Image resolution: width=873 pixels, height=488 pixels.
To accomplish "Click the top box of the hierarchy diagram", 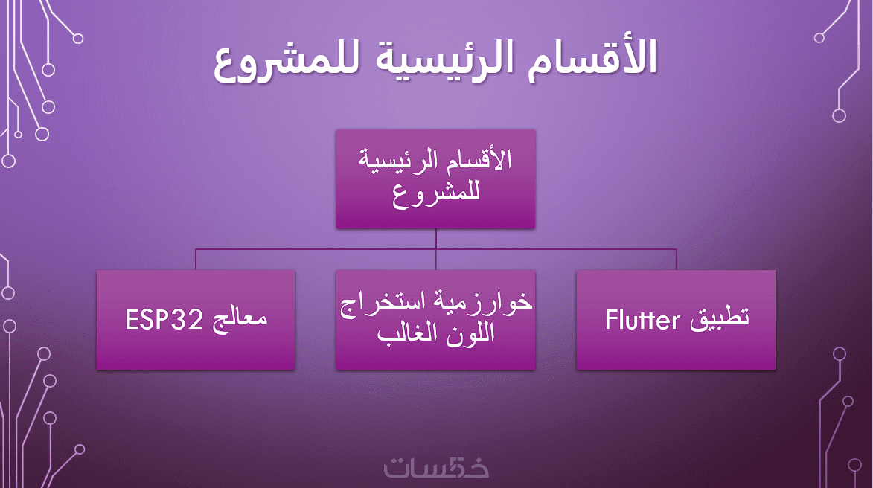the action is click(x=435, y=179).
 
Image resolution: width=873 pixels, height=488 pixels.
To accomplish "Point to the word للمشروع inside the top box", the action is click(x=436, y=195).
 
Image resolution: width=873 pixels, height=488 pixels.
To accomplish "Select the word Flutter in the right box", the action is click(x=642, y=321).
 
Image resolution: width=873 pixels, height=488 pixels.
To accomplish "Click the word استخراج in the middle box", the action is click(x=386, y=304).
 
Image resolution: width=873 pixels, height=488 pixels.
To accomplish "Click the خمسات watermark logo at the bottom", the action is click(x=436, y=467).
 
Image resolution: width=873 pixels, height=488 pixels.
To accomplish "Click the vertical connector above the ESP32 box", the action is click(x=196, y=260).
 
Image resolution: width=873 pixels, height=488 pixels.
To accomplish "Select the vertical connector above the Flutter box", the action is click(x=676, y=260).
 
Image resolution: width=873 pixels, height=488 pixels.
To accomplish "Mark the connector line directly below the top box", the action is click(x=435, y=249).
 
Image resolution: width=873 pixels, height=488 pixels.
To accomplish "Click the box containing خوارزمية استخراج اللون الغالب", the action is click(x=435, y=320).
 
